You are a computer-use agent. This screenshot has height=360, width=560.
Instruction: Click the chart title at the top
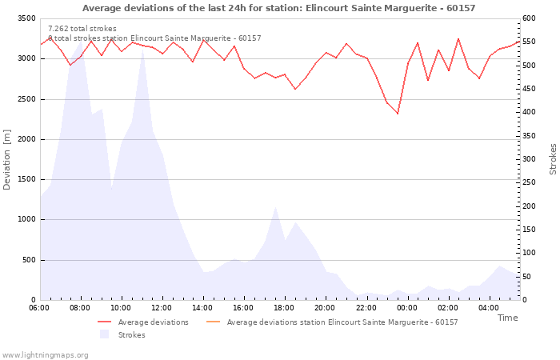pos(279,8)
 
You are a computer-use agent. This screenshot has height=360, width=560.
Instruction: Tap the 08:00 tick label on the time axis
pos(80,308)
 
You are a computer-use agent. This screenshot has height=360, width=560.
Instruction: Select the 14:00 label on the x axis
pos(202,308)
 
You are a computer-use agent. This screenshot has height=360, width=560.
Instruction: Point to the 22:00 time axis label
pos(366,308)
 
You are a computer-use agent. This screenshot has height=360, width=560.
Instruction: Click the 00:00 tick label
pos(406,308)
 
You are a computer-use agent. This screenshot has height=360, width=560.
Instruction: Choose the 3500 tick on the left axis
pos(26,18)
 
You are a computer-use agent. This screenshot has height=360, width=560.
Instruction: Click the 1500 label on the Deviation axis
pos(26,179)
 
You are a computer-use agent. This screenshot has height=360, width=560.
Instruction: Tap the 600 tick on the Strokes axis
pos(529,18)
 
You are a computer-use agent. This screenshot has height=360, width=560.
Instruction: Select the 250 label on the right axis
pos(529,182)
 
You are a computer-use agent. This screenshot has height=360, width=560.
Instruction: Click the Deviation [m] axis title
pos(6,160)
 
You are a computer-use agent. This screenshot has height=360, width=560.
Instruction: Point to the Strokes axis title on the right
pos(553,159)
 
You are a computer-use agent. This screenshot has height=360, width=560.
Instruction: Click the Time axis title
pos(507,318)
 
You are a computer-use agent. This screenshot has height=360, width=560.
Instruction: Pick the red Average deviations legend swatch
pos(104,322)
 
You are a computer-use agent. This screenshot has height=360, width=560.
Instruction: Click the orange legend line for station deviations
pos(214,322)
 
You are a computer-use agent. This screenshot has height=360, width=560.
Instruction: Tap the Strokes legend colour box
pos(104,334)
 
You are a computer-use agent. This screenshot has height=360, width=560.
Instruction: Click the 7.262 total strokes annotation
pos(82,29)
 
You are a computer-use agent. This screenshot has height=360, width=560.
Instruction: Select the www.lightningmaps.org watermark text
pos(45,355)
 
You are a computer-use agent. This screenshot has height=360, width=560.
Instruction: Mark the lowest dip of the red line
pos(398,114)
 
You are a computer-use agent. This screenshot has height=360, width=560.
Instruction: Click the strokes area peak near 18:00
pos(275,206)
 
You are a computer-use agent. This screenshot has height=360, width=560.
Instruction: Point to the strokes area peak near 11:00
pos(142,49)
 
